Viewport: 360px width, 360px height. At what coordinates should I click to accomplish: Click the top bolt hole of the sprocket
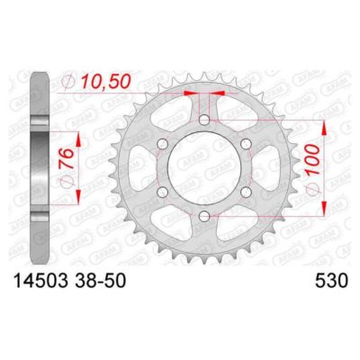(x=204, y=118)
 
